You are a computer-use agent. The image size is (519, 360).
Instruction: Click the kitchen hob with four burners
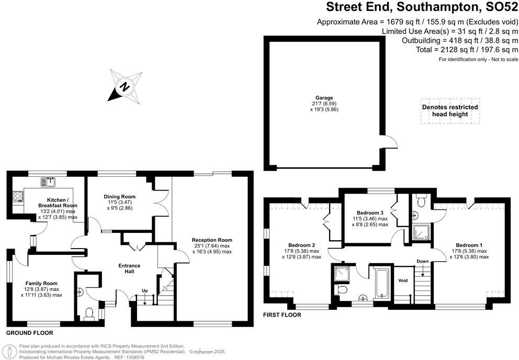tap(17, 197)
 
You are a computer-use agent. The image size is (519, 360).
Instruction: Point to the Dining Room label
tap(120, 197)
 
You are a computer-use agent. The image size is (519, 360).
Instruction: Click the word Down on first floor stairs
tap(423, 261)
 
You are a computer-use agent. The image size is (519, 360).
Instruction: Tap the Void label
tap(402, 280)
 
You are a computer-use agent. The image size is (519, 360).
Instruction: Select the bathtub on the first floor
tap(379, 283)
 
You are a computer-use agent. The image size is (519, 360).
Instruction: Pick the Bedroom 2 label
tap(301, 245)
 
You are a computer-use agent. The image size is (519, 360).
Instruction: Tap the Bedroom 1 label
tap(468, 245)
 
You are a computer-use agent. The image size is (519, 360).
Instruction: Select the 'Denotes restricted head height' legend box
tap(449, 111)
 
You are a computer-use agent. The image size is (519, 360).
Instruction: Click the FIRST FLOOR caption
tap(283, 315)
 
